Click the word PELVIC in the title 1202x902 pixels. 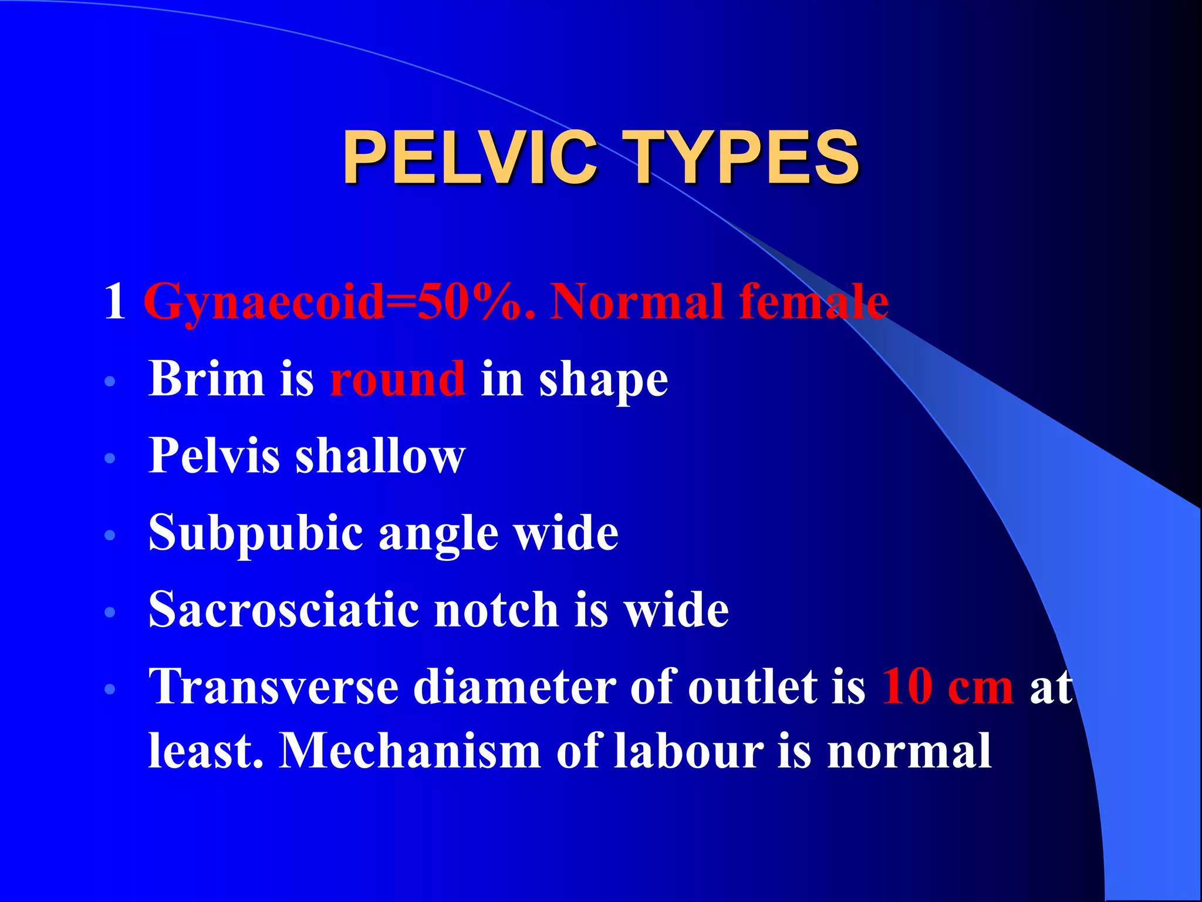click(x=470, y=157)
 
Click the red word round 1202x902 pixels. click(x=398, y=379)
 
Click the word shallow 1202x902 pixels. click(x=380, y=456)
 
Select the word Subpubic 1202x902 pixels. click(x=256, y=533)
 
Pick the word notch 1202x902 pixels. click(x=496, y=610)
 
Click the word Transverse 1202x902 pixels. click(x=274, y=687)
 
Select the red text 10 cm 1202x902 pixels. click(x=947, y=687)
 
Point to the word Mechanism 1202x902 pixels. click(x=410, y=750)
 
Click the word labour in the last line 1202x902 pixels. click(x=689, y=750)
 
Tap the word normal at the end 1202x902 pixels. click(x=909, y=750)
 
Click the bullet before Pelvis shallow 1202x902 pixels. click(x=110, y=457)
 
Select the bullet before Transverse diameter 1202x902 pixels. click(x=110, y=689)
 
